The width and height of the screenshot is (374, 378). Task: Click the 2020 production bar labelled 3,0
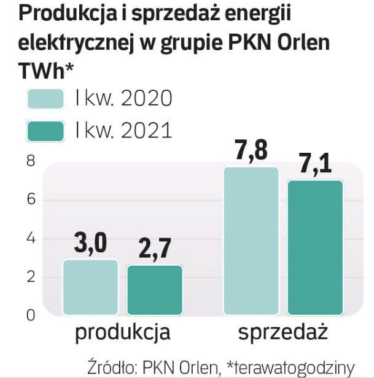point(90,287)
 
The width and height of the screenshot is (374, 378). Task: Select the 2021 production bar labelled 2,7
point(154,290)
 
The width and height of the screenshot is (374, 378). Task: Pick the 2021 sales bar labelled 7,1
point(315,247)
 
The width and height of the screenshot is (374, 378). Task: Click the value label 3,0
point(91,244)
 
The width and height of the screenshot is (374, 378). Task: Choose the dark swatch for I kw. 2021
point(46,131)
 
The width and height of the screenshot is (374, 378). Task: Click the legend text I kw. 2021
point(123,131)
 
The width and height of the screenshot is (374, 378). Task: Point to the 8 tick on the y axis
point(31,161)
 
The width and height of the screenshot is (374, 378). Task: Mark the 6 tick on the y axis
point(31,200)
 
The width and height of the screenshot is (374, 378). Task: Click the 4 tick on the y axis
point(31,239)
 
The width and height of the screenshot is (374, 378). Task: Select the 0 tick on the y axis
point(31,315)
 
